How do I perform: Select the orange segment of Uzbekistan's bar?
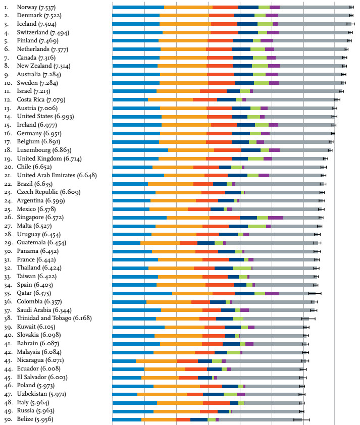[x=162, y=394]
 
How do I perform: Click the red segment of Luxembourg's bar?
[x=228, y=150]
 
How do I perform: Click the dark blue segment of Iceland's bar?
[x=247, y=24]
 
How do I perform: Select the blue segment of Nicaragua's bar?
[x=124, y=360]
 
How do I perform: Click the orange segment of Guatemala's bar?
[x=161, y=243]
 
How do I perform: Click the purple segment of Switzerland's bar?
[x=273, y=33]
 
